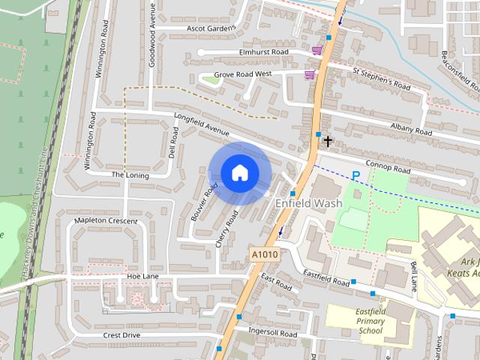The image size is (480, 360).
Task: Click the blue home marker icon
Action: pos(239,173)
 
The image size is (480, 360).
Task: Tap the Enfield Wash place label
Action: pos(309,203)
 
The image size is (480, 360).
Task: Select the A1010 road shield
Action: pos(264,256)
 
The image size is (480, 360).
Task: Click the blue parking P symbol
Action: pos(356,175)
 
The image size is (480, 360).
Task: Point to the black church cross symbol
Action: pos(327,140)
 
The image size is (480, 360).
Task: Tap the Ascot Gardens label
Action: pos(211,28)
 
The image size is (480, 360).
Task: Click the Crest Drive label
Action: pos(121,334)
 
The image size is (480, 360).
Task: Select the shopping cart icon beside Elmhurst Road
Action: pos(317,50)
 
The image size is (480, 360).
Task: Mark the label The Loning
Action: pos(130,175)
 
